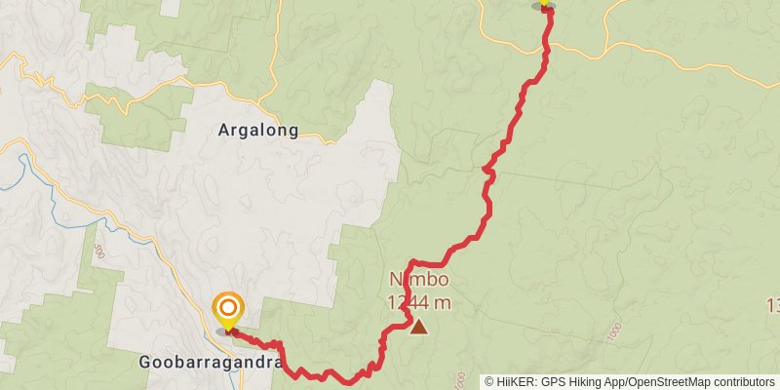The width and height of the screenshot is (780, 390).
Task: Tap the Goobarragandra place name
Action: coord(211,363)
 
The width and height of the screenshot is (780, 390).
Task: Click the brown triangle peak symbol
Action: coord(419,327)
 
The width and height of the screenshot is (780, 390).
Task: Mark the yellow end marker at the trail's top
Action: coord(544,4)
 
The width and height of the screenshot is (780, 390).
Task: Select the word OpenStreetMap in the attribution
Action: coord(669,382)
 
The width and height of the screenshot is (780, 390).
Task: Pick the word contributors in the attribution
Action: coord(743,382)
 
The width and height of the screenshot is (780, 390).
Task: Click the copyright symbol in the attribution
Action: coord(489,382)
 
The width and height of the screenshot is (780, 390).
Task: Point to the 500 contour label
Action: coord(97,251)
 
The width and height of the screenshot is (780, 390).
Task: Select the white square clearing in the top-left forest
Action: coord(170,7)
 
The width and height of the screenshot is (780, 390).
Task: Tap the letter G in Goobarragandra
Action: coord(144,363)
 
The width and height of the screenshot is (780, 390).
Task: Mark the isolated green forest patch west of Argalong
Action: coord(136,115)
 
